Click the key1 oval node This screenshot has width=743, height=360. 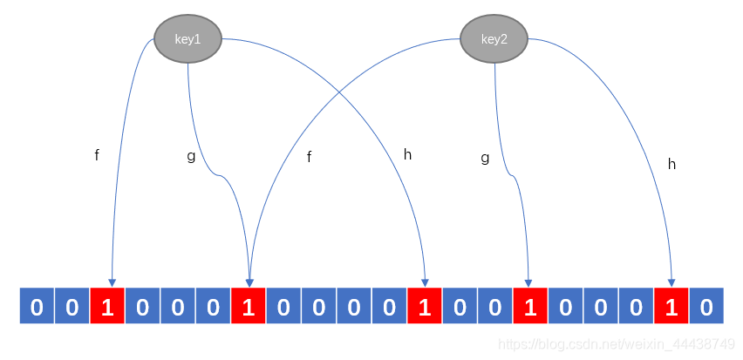coord(187,38)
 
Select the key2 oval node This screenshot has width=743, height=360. coord(494,39)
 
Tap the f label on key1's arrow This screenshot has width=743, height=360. coord(97,155)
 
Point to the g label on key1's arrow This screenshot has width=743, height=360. coord(191,156)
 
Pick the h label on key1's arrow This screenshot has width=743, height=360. coord(407,154)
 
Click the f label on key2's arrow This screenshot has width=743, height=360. coord(309,157)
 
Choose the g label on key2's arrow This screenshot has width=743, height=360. coord(485,158)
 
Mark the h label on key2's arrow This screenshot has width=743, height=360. coord(671,163)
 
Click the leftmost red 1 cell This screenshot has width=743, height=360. coord(106,306)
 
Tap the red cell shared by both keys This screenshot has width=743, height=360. coord(248,306)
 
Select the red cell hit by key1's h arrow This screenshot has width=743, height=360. coord(424,306)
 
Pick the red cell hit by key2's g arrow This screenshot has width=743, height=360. coord(529,306)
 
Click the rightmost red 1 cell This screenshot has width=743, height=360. coord(671,306)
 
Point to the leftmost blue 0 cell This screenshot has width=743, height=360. coord(37,306)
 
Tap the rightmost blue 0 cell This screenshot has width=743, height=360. coord(706,306)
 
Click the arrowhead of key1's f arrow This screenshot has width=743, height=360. coord(112,282)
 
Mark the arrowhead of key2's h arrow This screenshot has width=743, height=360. coord(671,282)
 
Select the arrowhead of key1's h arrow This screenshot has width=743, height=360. coord(425,282)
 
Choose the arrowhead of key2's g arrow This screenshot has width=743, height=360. coord(528,282)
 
